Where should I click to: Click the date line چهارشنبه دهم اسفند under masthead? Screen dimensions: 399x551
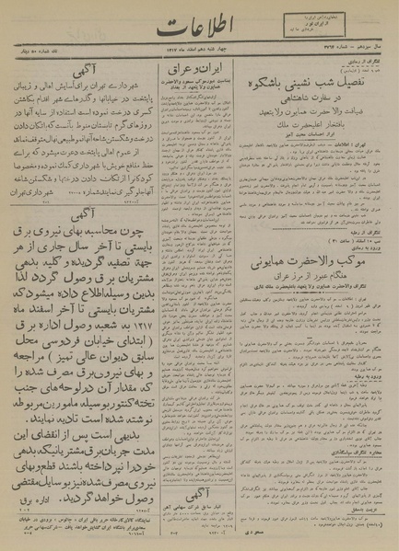point(181,52)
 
